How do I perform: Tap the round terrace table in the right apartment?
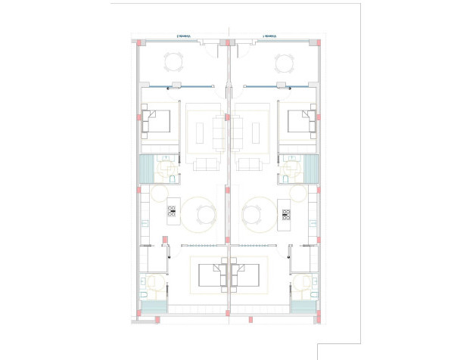tap(284, 62)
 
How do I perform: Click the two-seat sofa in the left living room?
tap(205, 165)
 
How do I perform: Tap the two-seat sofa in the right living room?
tap(251, 165)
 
